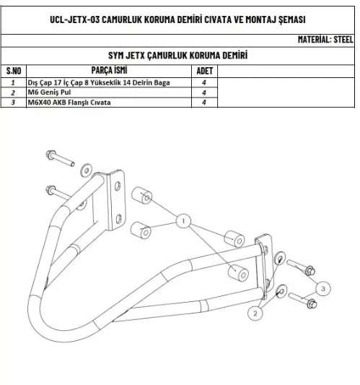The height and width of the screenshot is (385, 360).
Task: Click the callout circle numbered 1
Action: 183,221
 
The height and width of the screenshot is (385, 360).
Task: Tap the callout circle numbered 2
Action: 255,313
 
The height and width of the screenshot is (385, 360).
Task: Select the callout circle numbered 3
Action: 323,288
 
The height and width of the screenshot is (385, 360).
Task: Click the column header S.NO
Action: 14,71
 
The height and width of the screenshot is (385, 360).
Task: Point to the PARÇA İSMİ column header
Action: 109,70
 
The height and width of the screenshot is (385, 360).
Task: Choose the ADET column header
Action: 204,71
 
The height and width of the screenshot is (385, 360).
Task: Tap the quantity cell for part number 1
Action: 204,83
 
